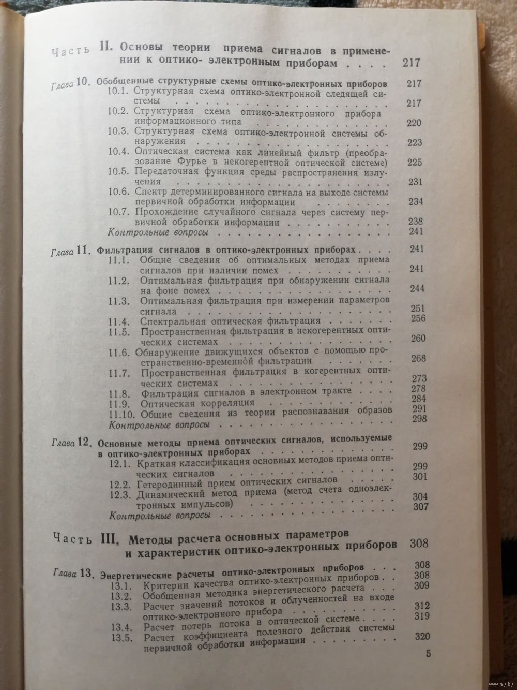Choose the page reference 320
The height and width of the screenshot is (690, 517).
click(x=420, y=637)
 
